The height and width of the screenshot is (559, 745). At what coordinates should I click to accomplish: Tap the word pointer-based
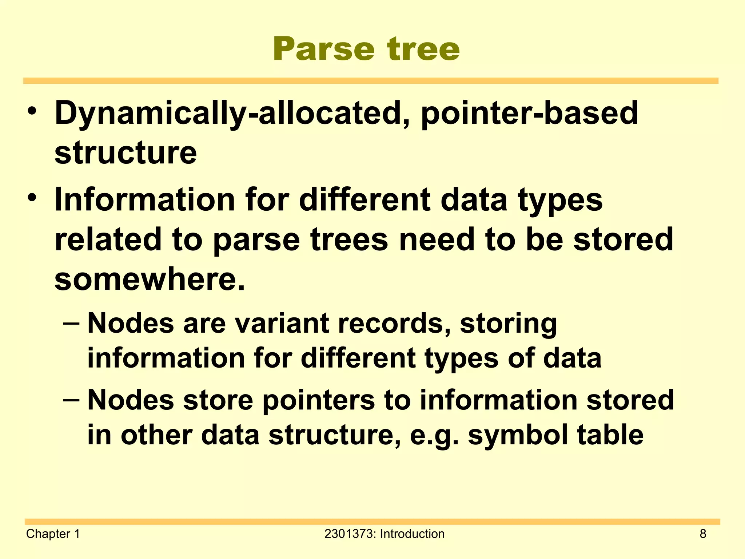[529, 114]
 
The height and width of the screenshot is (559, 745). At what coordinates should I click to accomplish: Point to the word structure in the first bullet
[126, 153]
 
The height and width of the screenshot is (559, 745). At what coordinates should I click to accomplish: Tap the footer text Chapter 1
[53, 534]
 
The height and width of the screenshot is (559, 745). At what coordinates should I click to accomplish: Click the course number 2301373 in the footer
[350, 534]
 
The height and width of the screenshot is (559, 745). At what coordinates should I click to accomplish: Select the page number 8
[703, 534]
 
